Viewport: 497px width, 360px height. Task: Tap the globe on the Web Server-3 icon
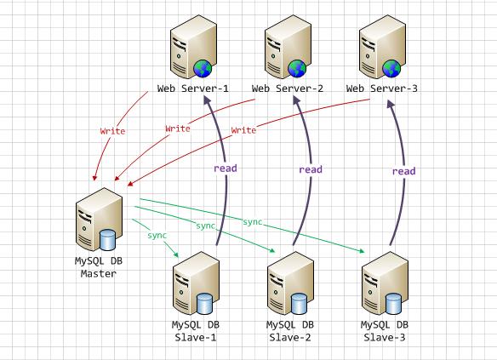(x=391, y=68)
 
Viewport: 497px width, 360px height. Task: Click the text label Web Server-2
(x=288, y=89)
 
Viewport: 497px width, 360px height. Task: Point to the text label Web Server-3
(x=382, y=89)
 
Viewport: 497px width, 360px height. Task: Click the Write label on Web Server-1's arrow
(x=113, y=132)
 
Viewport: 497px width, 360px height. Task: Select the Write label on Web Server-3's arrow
(x=243, y=130)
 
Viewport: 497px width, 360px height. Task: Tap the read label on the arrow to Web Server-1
(x=226, y=168)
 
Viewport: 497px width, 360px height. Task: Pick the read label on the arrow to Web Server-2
(x=311, y=169)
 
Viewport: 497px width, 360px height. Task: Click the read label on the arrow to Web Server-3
(x=403, y=171)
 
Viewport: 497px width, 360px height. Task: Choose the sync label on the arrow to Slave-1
(x=157, y=234)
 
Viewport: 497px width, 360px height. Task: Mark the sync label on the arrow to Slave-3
(x=253, y=221)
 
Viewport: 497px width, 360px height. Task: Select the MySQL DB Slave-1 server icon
(x=194, y=285)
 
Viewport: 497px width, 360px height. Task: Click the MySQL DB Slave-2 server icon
(x=288, y=285)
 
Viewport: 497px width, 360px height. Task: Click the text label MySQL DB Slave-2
(x=290, y=331)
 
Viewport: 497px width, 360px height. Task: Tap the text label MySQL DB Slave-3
(x=385, y=331)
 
